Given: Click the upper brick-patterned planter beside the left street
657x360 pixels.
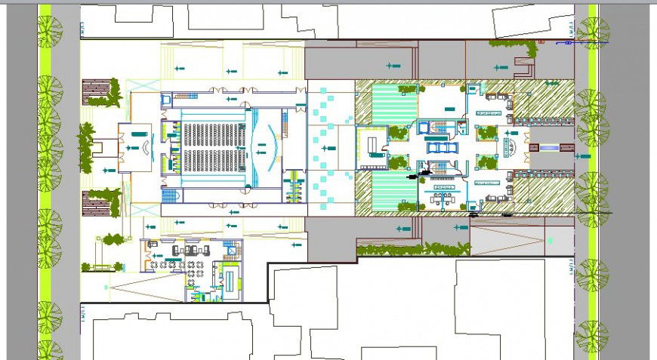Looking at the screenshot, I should coord(97,91).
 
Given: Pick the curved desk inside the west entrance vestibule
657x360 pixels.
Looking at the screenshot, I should coord(137,147).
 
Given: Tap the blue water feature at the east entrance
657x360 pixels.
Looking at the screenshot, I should coord(547,146).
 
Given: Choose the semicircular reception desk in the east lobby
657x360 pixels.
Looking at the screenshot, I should coord(510,146).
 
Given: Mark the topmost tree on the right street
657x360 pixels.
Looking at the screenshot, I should coord(592,33).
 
